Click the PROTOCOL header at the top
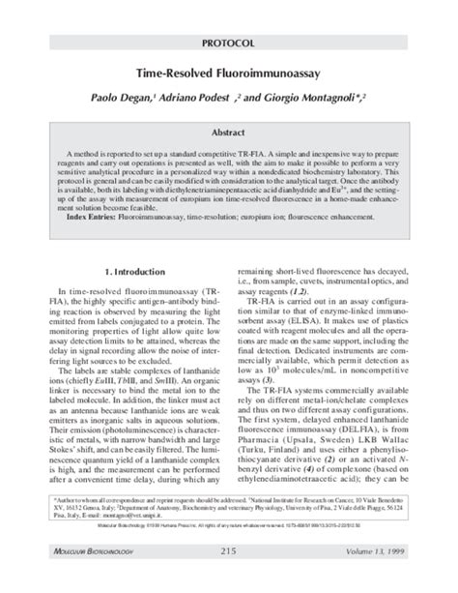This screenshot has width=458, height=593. click(229, 44)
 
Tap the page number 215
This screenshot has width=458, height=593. click(229, 578)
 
